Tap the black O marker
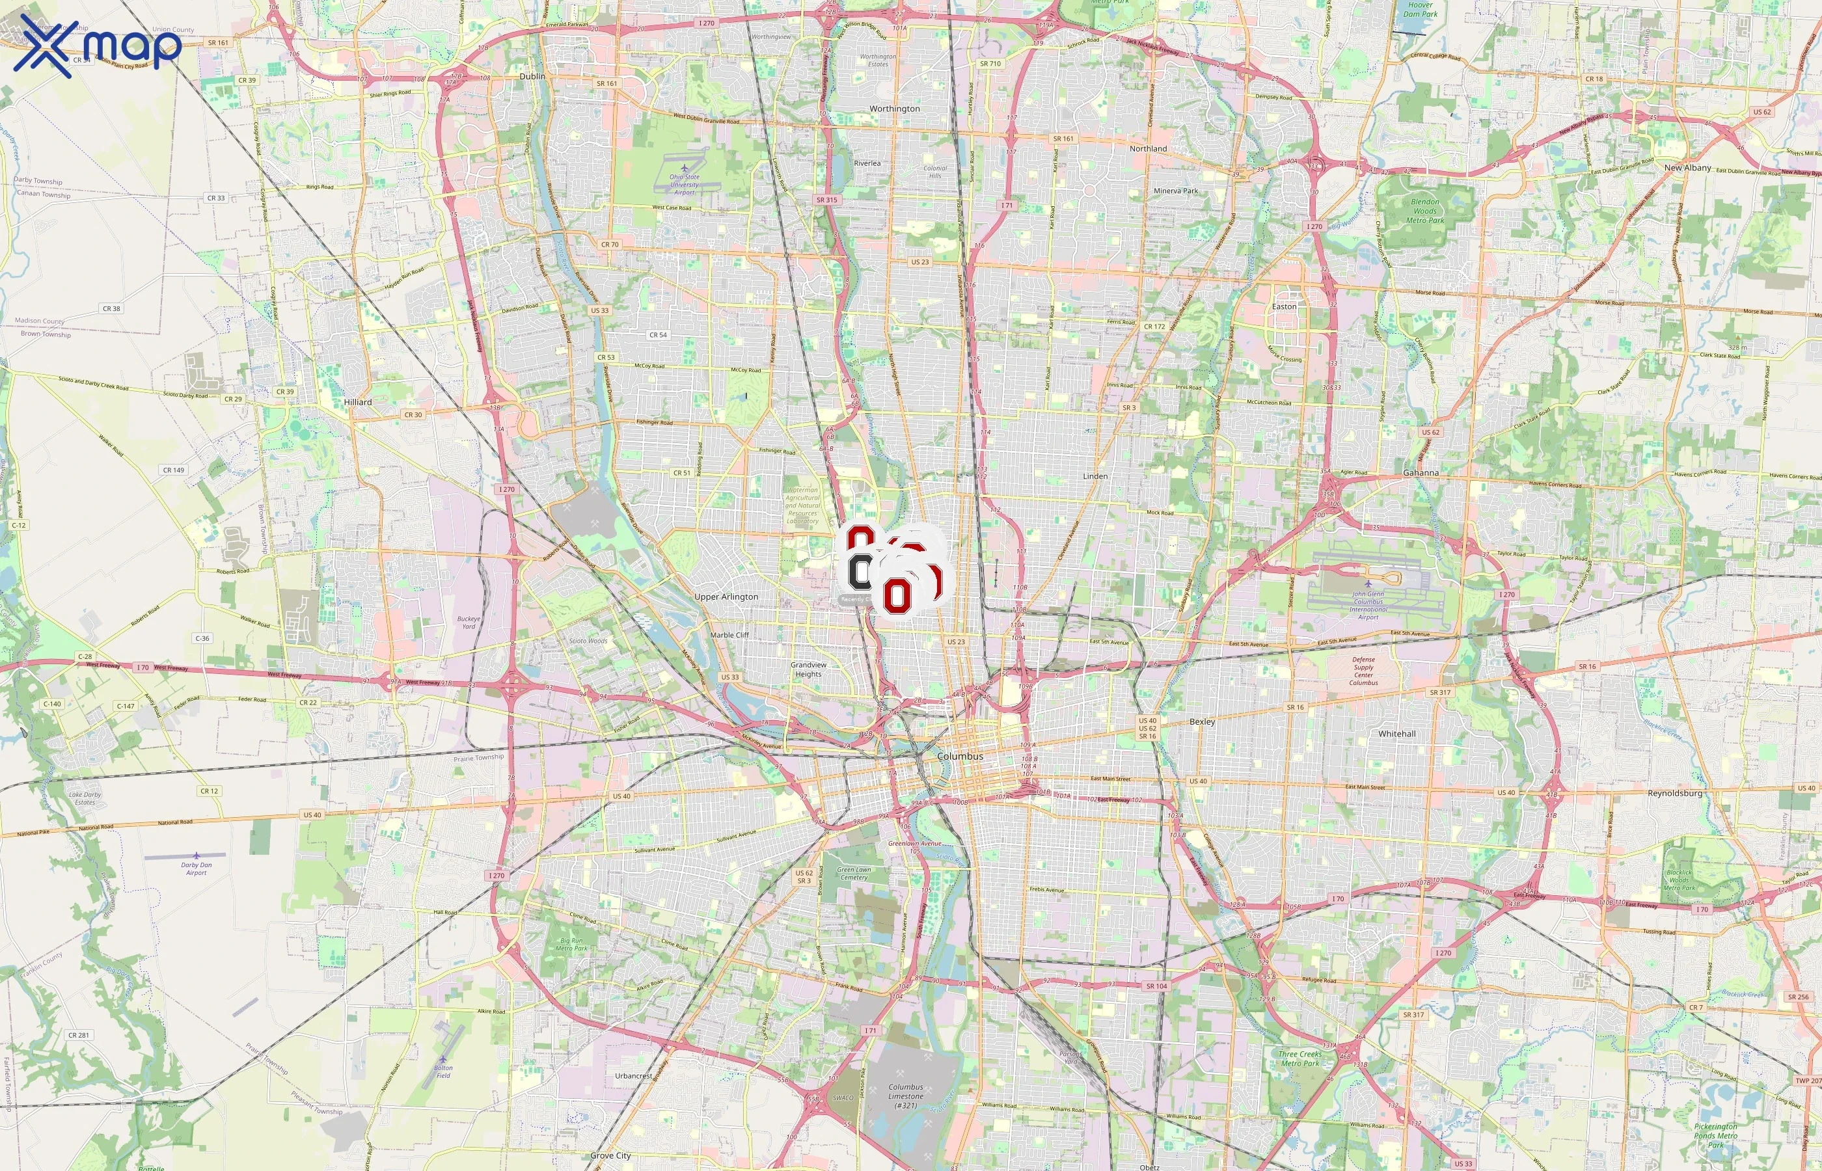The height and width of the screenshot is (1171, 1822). pos(860,572)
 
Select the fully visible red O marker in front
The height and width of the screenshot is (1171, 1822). pos(897,594)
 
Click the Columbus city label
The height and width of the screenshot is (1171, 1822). pos(960,757)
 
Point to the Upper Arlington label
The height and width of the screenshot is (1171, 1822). pos(726,597)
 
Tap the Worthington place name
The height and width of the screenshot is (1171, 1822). pos(894,109)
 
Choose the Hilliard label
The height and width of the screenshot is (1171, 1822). pos(357,402)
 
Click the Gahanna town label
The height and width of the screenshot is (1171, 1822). pos(1421,473)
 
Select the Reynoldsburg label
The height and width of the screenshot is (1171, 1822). pos(1674,793)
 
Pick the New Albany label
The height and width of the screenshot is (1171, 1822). pos(1687,168)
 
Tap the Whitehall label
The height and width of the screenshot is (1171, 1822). pos(1397,734)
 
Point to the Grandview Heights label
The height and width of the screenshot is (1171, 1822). pos(808,669)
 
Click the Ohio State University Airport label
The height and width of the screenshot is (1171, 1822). pos(685,184)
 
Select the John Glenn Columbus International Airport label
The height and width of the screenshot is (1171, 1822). pos(1368,605)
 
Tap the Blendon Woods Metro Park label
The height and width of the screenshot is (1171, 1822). pos(1424,211)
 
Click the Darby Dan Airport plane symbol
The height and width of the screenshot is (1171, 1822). pos(197,855)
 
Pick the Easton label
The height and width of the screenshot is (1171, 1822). pos(1285,306)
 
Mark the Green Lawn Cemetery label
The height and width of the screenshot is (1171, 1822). pos(854,873)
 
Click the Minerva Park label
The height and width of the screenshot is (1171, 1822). pos(1176,191)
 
